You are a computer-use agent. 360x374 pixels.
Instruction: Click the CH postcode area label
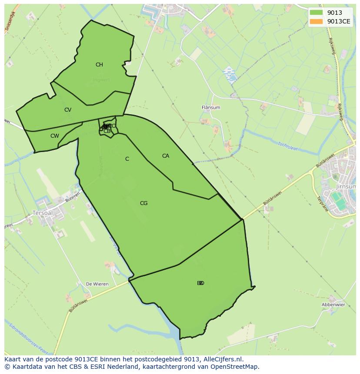tap(99, 65)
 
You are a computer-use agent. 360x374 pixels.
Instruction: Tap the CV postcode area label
tap(67, 110)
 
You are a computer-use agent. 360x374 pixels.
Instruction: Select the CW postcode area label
tap(54, 136)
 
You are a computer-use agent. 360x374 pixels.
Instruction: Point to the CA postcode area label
tap(165, 156)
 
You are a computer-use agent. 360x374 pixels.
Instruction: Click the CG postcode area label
tap(143, 203)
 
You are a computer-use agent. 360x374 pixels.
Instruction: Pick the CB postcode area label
tap(107, 131)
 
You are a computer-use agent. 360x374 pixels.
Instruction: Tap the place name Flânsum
tap(211, 107)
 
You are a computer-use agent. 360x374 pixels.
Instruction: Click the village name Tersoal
tap(43, 213)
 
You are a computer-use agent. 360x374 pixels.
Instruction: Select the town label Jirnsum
tap(346, 186)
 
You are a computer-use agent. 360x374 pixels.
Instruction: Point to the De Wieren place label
tap(97, 284)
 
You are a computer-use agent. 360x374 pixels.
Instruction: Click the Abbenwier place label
tap(333, 305)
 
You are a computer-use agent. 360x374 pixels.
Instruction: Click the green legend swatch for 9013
tap(316, 13)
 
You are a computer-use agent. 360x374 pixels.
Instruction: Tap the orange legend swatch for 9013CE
tap(316, 21)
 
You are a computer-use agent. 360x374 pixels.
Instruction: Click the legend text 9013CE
tap(339, 21)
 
